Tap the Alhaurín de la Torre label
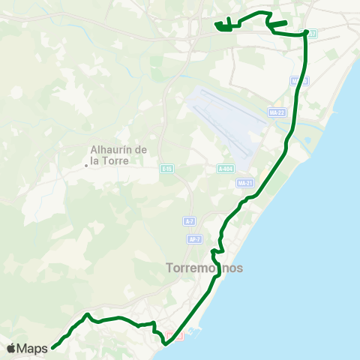pyautogui.click(x=119, y=154)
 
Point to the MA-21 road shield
pyautogui.click(x=244, y=183)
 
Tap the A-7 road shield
pyautogui.click(x=190, y=222)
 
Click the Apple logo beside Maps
pyautogui.click(x=11, y=348)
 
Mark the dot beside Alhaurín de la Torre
pyautogui.click(x=86, y=166)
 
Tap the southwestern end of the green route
pyautogui.click(x=53, y=347)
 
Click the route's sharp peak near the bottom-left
pyautogui.click(x=88, y=315)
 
